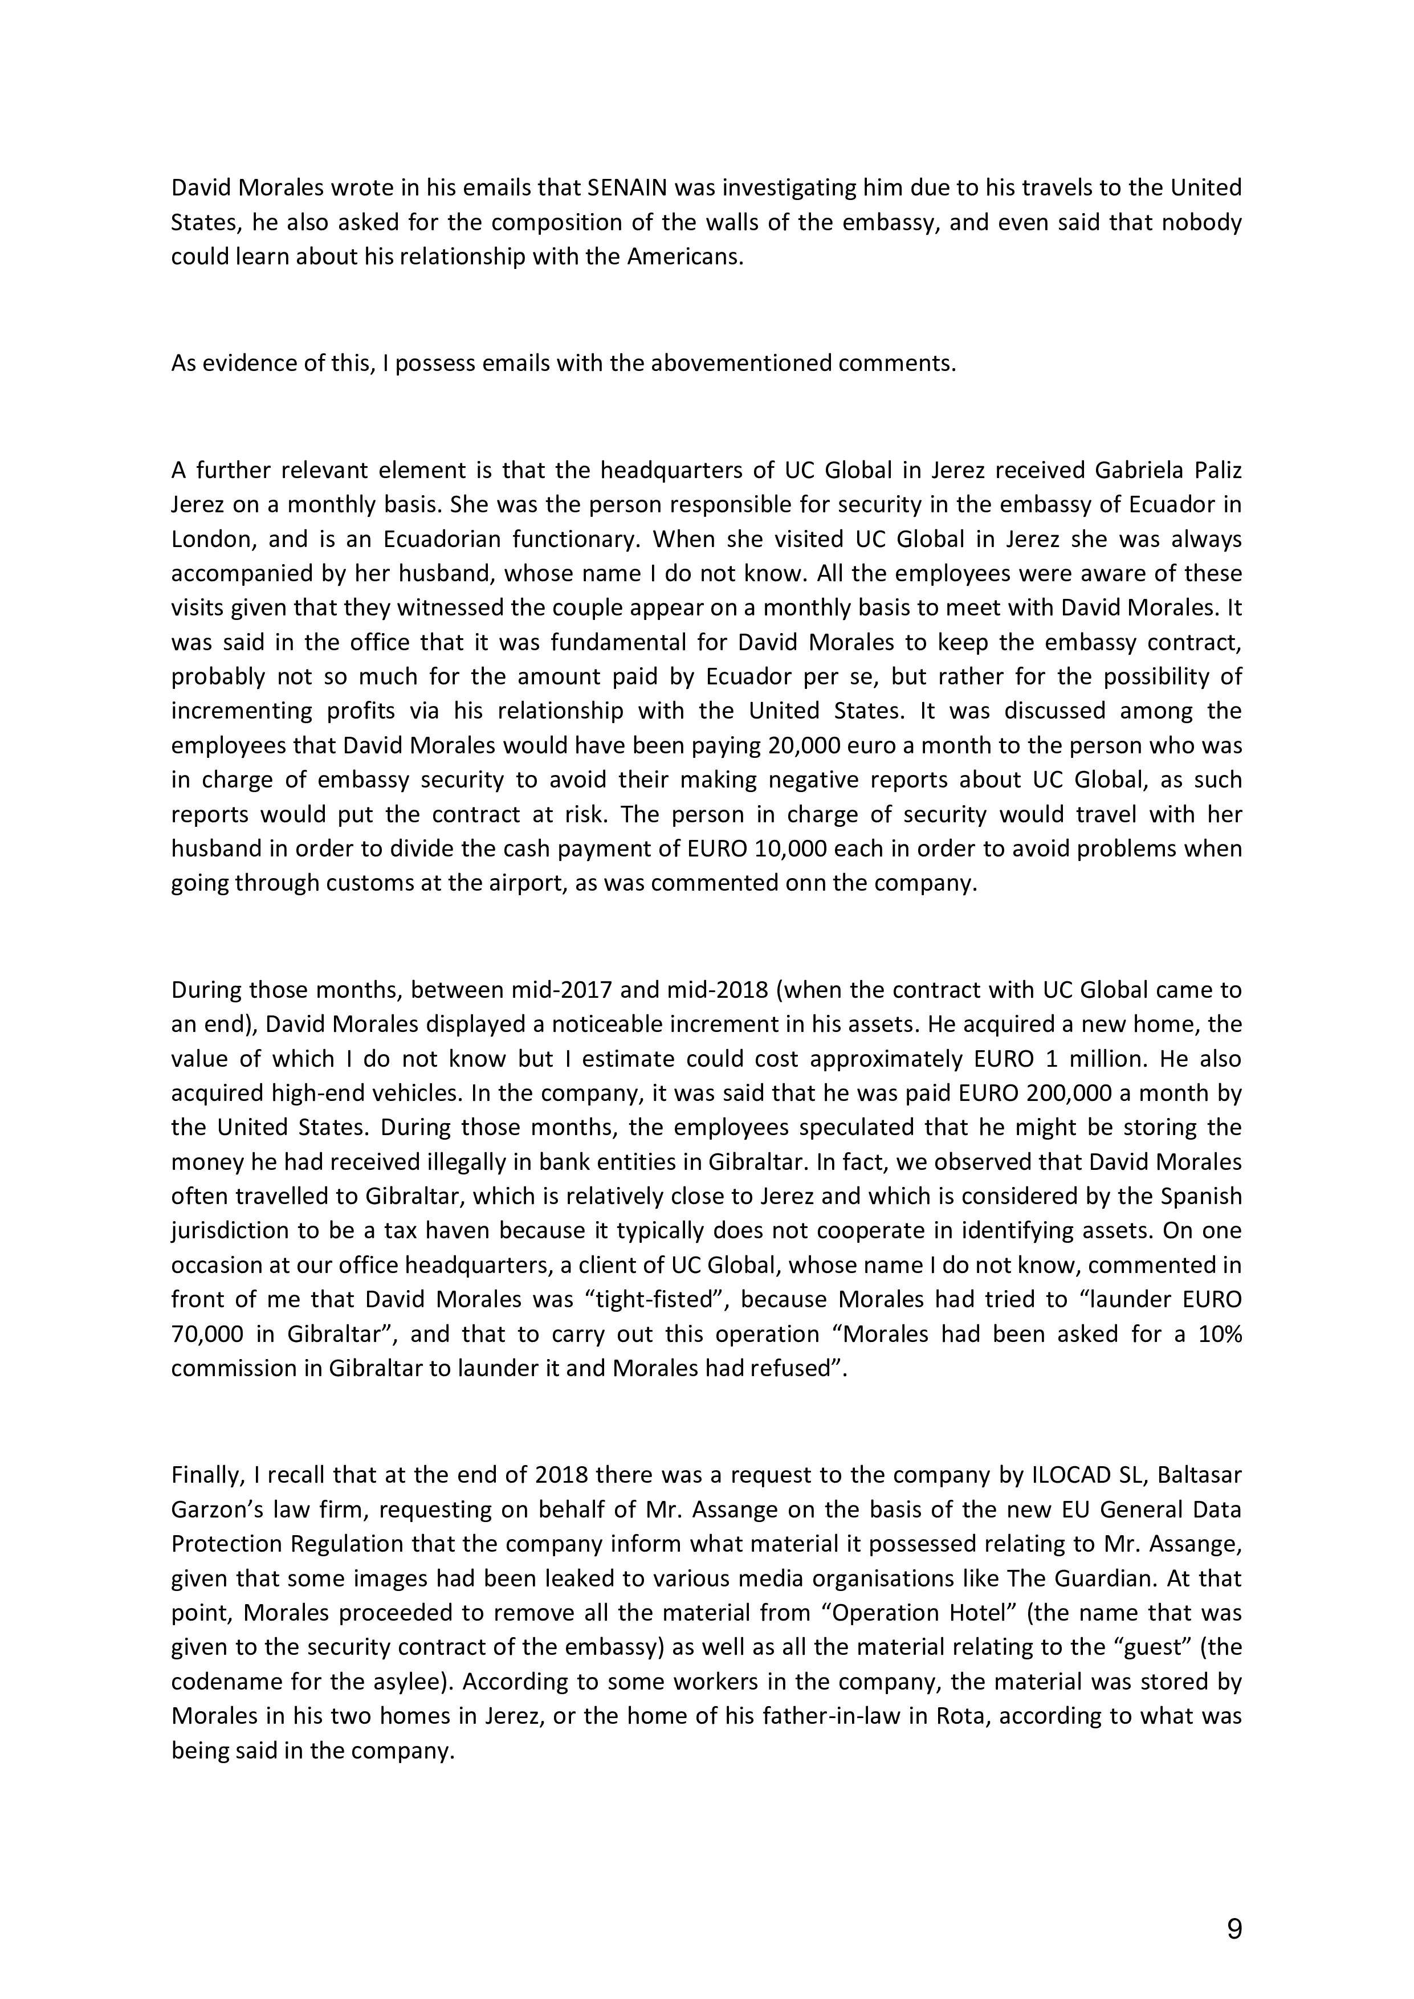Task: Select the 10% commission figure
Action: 1220,1335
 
